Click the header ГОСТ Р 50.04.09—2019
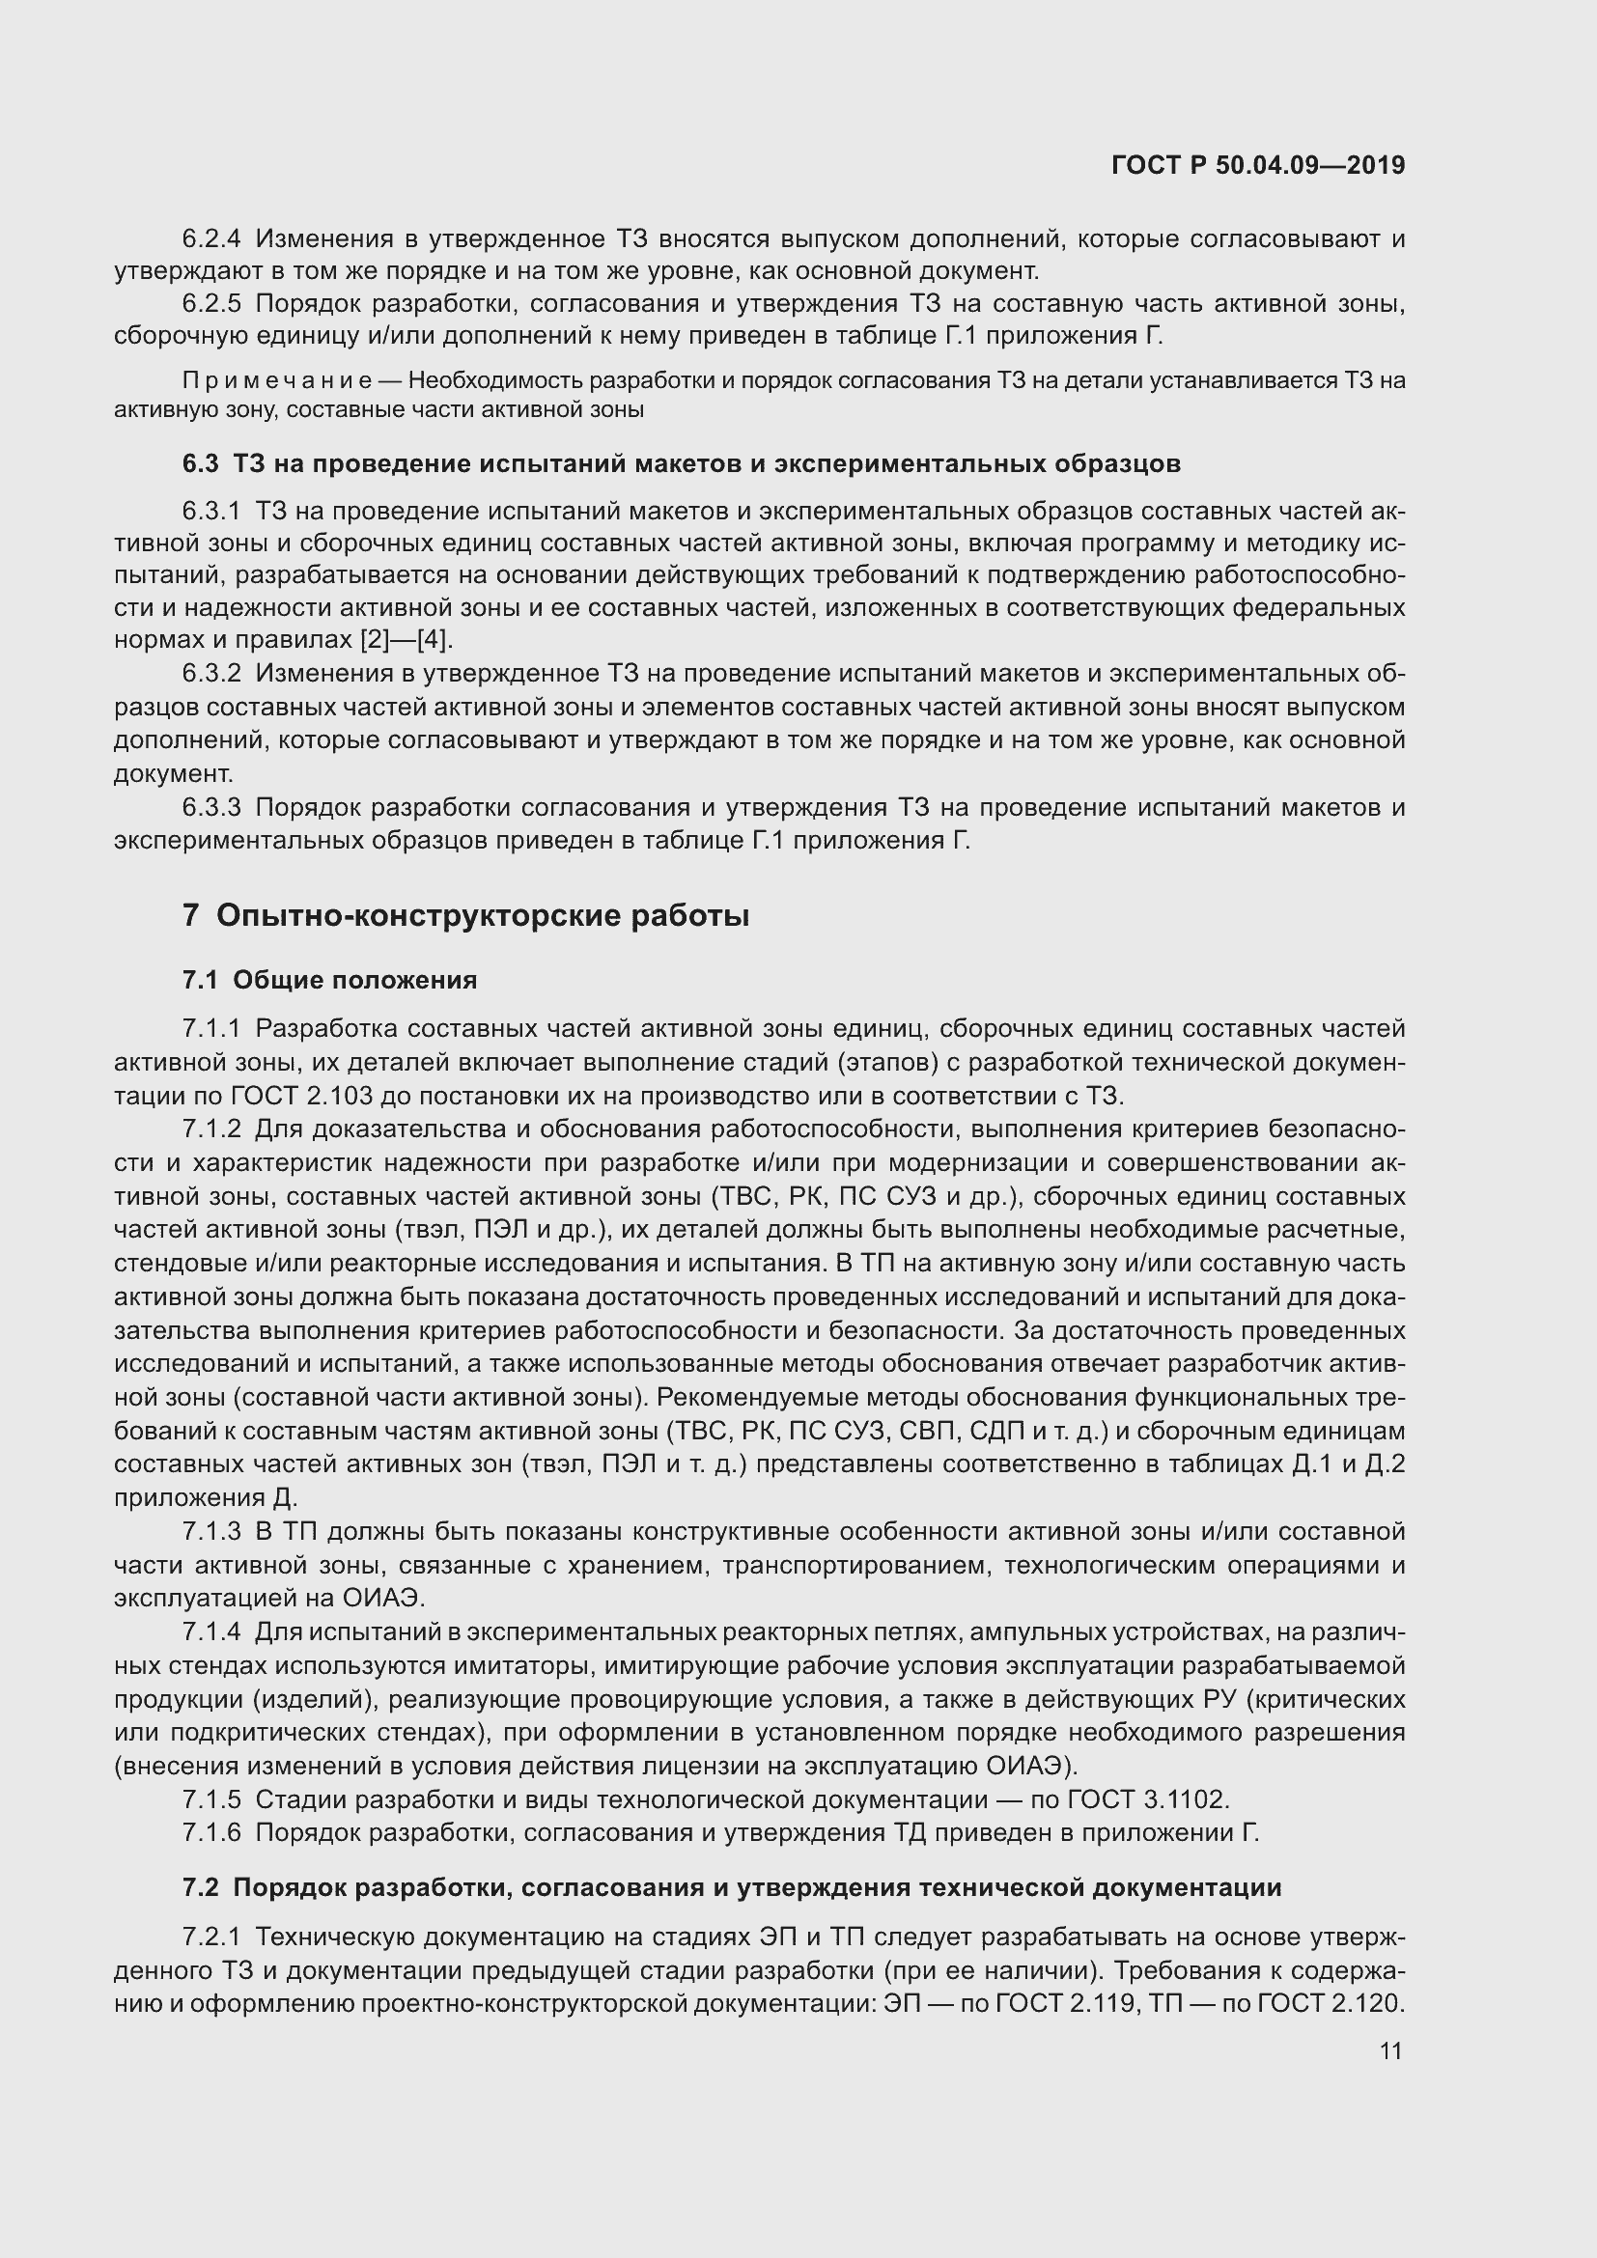(x=1258, y=165)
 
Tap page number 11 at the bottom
(x=1390, y=2050)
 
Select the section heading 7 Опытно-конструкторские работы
(x=465, y=915)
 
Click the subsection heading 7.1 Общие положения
(x=329, y=980)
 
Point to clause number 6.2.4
(x=211, y=239)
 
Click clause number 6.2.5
(x=211, y=304)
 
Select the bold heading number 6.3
(x=200, y=463)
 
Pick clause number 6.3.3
(x=211, y=808)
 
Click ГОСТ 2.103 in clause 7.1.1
(x=290, y=1096)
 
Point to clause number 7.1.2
(x=211, y=1129)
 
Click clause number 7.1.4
(x=211, y=1631)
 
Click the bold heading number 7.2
(x=200, y=1887)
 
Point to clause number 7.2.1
(x=211, y=1937)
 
